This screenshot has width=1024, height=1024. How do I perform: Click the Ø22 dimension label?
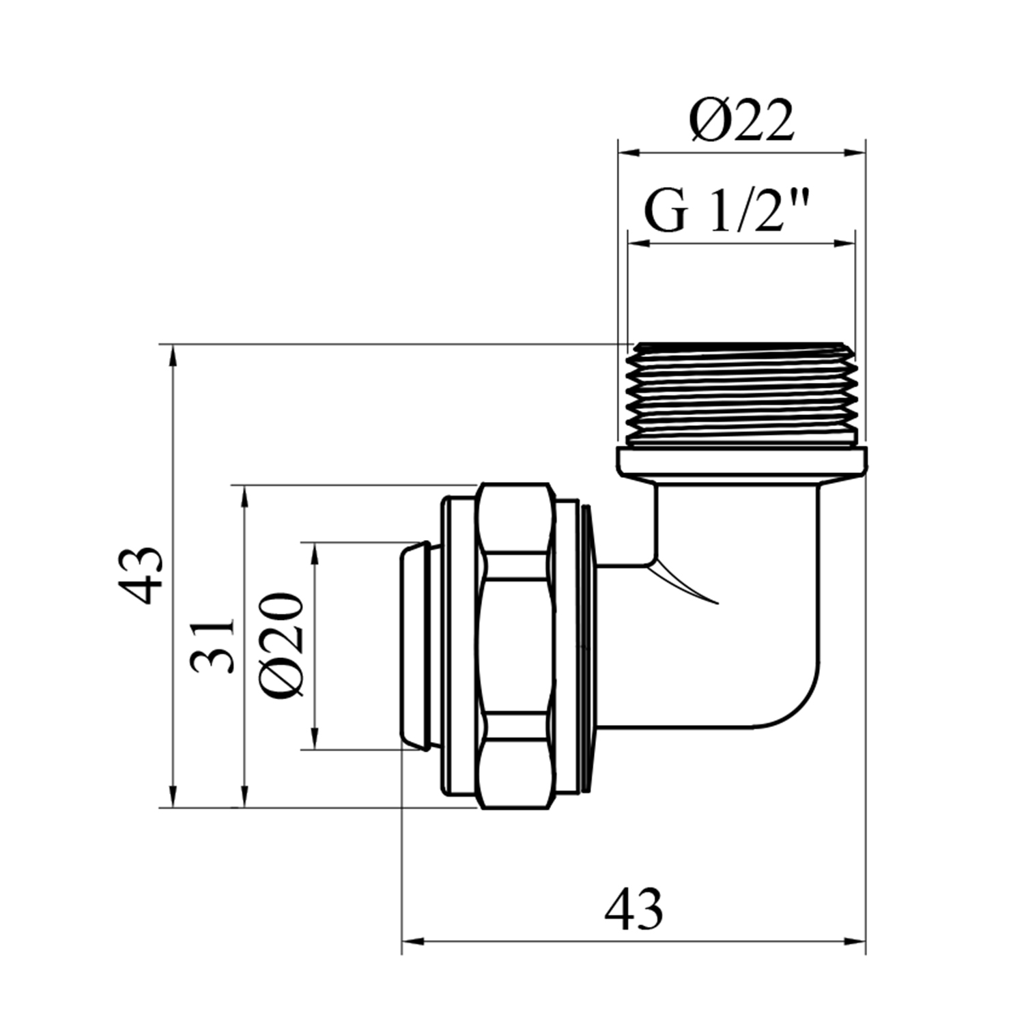coord(741,121)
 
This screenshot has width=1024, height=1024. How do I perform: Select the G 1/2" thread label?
coord(728,212)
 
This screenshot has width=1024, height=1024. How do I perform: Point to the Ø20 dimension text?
coord(281,644)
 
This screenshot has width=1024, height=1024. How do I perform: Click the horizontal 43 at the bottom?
coord(633,909)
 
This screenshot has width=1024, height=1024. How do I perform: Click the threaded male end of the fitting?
coord(741,394)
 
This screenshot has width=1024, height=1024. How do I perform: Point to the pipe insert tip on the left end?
coord(414,646)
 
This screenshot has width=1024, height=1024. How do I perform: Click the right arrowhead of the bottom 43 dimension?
coord(855,941)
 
